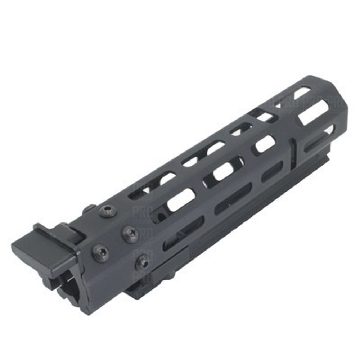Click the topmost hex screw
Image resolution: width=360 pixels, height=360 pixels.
pos(108,211)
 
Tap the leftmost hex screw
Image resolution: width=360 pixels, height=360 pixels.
pos(100,253)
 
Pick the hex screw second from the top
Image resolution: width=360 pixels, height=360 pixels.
pos(130,234)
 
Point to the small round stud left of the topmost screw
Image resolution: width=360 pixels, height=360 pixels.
pos(89,210)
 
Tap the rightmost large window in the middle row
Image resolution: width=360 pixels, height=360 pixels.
pos(266,144)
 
